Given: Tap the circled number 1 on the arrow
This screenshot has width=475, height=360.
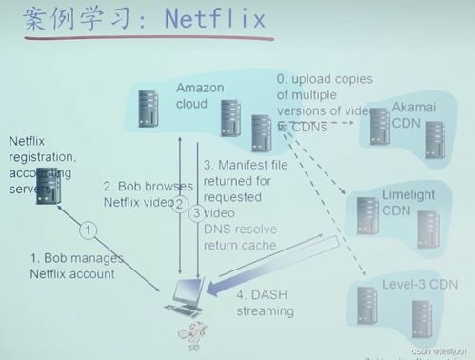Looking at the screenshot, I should pos(88,230).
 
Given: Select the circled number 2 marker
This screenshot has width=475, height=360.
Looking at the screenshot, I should pos(178,213).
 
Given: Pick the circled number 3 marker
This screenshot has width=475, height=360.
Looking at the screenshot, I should pos(196,213).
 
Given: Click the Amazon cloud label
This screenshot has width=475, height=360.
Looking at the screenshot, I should pos(200,96).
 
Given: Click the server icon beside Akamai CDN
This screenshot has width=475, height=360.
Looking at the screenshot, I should pos(378,127).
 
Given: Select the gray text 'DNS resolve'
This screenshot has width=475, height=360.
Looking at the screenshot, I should pos(244,230).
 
